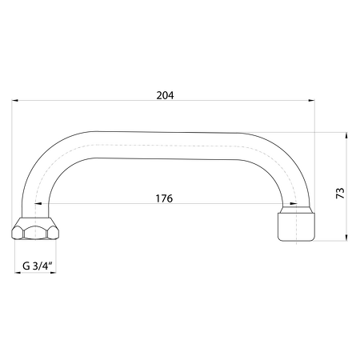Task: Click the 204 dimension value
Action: pos(165,95)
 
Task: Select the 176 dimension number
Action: pos(164,198)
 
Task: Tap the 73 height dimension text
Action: pos(340,193)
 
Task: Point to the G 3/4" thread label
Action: pos(38,266)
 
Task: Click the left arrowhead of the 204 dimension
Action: pos(15,101)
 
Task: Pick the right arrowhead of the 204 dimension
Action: pos(311,101)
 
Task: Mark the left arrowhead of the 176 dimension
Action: pos(38,204)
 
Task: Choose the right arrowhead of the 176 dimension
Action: pos(294,204)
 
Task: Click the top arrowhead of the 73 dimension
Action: pos(346,135)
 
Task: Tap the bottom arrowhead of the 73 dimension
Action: pos(346,238)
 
